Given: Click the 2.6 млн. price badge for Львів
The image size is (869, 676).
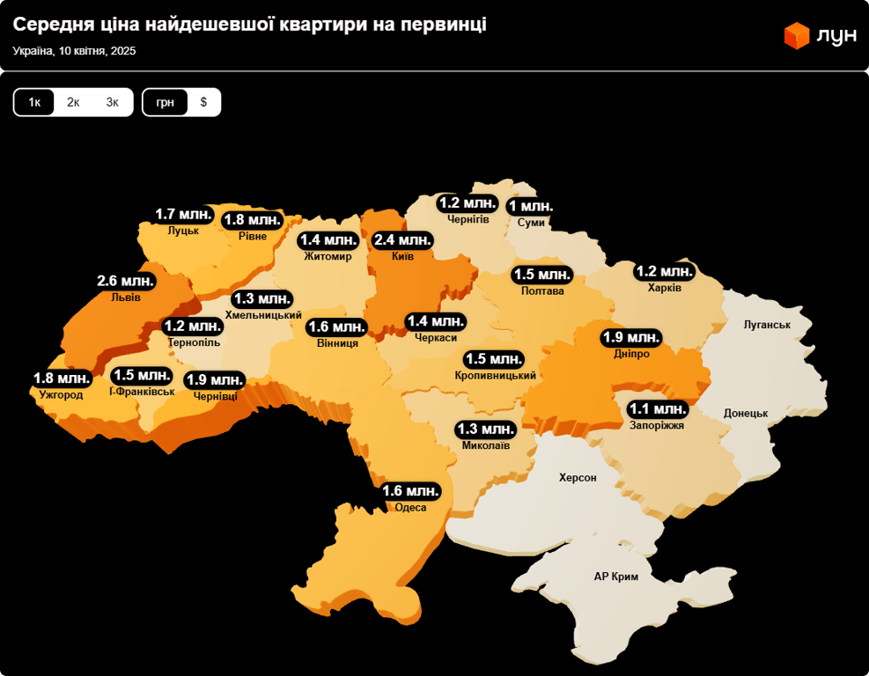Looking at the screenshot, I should [x=126, y=282].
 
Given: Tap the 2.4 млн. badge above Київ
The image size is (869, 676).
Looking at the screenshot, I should [x=402, y=240].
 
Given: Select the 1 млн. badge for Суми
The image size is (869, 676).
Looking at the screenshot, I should [x=531, y=207].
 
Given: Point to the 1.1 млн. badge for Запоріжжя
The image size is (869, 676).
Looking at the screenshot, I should [x=657, y=409].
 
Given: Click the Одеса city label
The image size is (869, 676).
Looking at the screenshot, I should [x=410, y=508].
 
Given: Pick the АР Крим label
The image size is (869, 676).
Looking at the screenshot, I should [x=615, y=577].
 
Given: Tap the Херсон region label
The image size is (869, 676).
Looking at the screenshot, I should [x=578, y=478].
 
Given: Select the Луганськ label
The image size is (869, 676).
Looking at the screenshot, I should [x=767, y=325].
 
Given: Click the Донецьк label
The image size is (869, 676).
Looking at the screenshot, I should [x=746, y=413].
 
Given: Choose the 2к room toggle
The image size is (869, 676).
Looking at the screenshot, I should [x=73, y=102].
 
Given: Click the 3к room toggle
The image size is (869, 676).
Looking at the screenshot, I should [x=113, y=102].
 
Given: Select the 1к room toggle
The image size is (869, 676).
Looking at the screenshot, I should [x=34, y=102].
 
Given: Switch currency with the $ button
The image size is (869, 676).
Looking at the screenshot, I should [x=203, y=102].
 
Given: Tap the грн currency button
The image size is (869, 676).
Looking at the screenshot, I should [x=166, y=102].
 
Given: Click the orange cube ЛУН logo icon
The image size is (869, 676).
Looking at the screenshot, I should [x=796, y=35].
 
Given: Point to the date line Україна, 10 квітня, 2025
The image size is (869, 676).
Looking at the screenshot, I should [x=74, y=51].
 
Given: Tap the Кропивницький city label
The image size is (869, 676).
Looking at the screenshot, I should [x=496, y=376].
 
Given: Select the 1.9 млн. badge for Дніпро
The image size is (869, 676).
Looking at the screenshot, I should [x=630, y=338].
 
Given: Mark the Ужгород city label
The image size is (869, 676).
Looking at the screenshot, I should [x=61, y=394].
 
